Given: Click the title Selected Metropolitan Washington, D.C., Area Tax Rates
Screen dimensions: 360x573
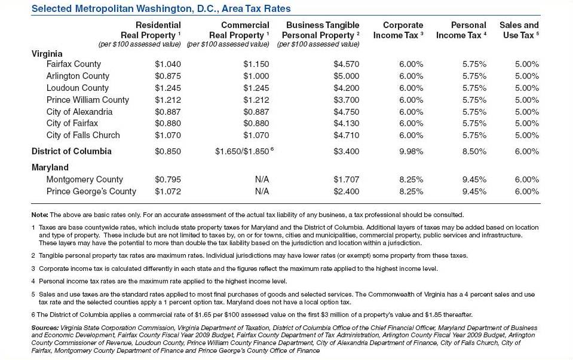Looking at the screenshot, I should (161, 9).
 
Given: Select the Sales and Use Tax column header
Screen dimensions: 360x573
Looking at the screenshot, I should (519, 30).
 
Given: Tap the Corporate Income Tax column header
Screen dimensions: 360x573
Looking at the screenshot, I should (399, 30).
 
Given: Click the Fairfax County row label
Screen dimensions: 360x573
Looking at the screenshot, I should (73, 64).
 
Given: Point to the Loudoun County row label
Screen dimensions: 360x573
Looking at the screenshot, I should (78, 88).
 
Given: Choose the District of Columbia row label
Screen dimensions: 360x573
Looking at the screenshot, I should (71, 151).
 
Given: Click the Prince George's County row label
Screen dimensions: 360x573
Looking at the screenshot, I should (91, 191).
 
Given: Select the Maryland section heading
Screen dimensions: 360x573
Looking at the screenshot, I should (50, 167).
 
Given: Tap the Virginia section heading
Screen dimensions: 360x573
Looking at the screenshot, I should (47, 54).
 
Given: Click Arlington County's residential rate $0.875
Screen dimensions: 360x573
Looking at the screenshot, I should (167, 76).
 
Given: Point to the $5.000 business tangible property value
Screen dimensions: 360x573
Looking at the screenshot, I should (347, 76).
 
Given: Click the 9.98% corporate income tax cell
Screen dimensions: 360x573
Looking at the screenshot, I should (411, 151).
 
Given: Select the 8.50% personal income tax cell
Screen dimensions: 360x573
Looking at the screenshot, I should (474, 151).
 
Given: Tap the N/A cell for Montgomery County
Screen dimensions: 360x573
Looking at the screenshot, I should (262, 179).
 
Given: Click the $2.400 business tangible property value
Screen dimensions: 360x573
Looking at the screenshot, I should (347, 191).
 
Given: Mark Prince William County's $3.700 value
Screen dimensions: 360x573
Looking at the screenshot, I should (347, 100).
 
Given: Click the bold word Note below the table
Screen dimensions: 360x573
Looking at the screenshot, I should (39, 215).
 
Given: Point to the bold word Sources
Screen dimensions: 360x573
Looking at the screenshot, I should (45, 328).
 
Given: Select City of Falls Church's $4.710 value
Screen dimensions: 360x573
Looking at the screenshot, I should (347, 135).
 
